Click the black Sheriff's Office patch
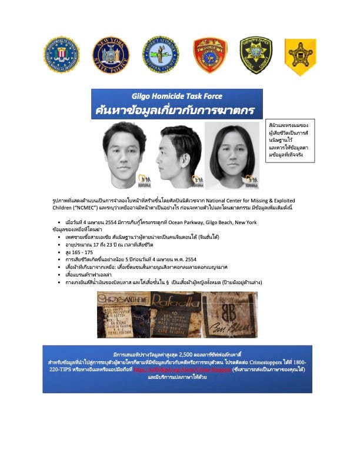click(256, 55)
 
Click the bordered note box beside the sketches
click(290, 141)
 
